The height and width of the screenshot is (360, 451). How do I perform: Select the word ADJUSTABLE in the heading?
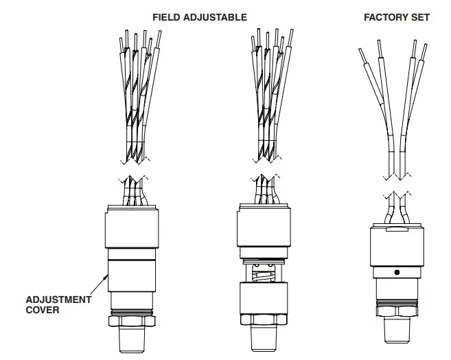214,16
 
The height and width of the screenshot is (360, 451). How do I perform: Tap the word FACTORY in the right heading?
384,16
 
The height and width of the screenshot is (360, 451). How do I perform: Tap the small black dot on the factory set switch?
396,272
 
